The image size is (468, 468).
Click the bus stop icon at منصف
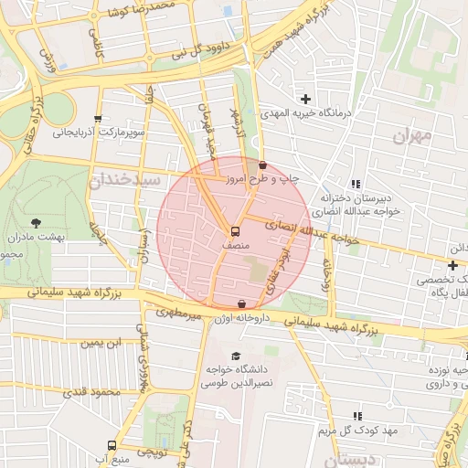(x=235, y=231)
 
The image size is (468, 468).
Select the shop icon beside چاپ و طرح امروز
(x=263, y=165)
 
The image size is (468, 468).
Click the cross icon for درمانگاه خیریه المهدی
(x=305, y=99)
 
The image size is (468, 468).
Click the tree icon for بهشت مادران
(x=36, y=222)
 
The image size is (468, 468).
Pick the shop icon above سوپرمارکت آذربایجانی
(x=98, y=119)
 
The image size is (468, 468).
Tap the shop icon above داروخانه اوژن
(x=241, y=303)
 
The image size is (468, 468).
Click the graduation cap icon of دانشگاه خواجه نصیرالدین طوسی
(x=237, y=356)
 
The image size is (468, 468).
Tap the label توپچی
(x=152, y=452)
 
